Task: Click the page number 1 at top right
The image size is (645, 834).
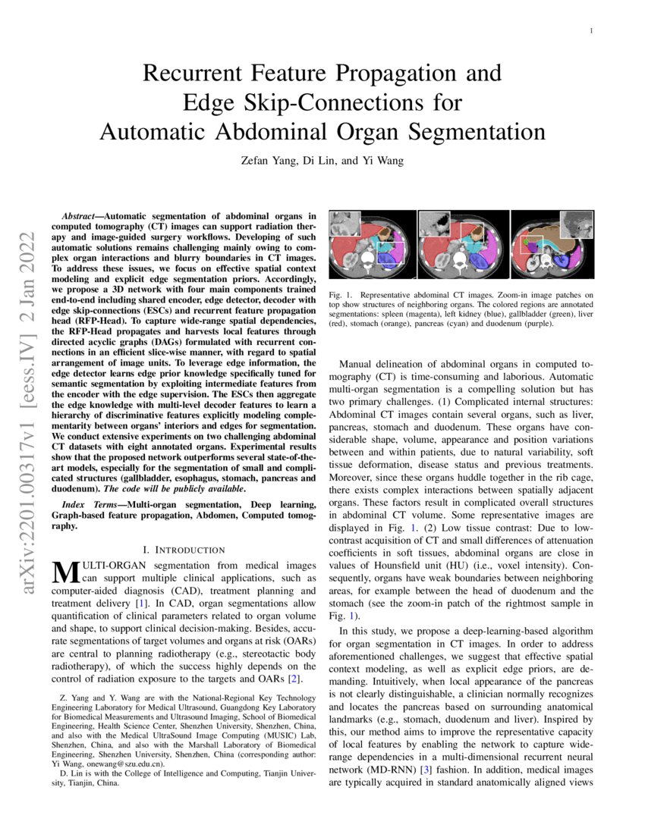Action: (591, 30)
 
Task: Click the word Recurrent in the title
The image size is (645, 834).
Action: (196, 74)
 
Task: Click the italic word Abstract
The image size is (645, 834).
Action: (81, 217)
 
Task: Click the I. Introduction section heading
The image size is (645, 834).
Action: (184, 549)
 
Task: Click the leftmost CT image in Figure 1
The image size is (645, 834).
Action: (372, 244)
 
